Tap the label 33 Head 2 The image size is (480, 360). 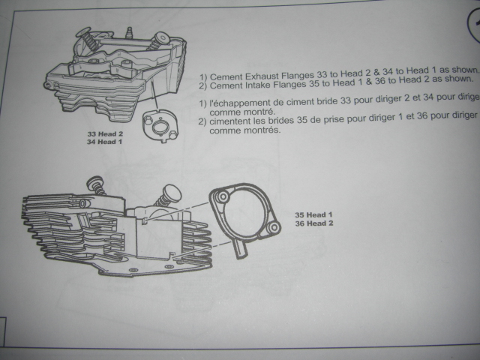tap(104, 133)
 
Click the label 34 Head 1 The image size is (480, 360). tap(104, 140)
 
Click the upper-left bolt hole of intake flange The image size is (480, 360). tap(220, 196)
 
